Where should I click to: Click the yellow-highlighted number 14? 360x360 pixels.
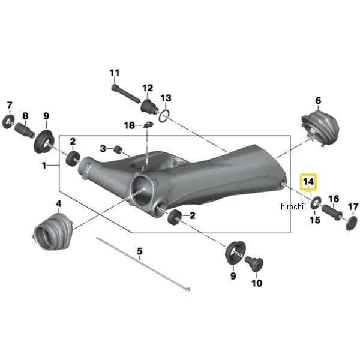[308, 182]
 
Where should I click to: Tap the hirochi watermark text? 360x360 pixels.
[292, 206]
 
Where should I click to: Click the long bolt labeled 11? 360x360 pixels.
[126, 94]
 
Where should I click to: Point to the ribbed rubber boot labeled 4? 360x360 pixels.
[53, 232]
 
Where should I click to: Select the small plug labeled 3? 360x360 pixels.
[118, 149]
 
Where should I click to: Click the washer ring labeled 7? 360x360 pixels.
[8, 122]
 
